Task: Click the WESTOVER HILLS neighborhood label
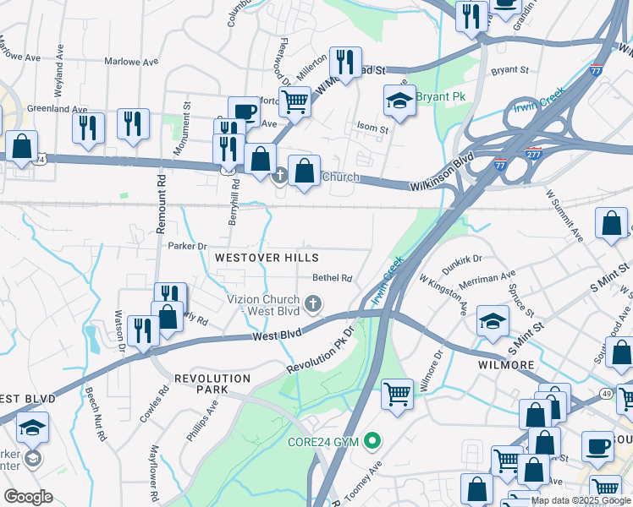tap(266, 257)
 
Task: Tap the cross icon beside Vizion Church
tap(313, 303)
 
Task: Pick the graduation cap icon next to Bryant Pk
tap(399, 101)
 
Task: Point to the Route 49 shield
tap(608, 393)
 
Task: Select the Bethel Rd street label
tap(332, 277)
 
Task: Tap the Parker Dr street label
tap(187, 246)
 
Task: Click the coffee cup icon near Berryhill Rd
tap(244, 111)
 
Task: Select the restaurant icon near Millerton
tap(344, 62)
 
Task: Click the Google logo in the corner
tap(28, 497)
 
